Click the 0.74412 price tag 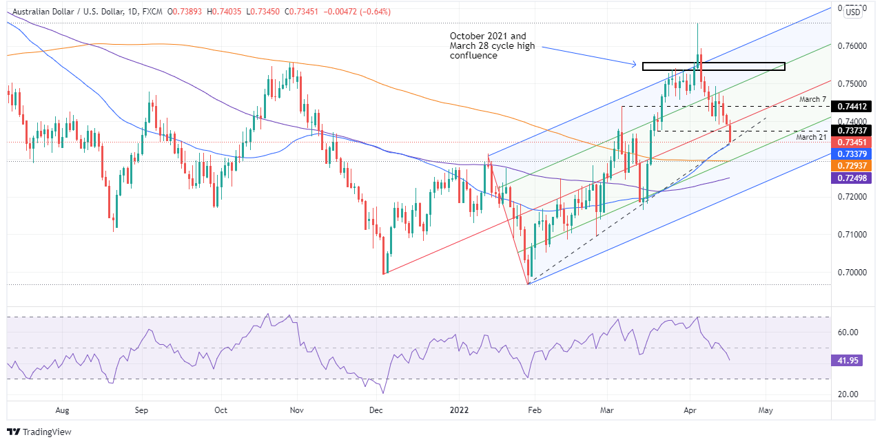coord(852,106)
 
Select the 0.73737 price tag coord(852,130)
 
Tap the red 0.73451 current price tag coord(852,142)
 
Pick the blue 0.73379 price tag coord(852,154)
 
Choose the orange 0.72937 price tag coord(852,166)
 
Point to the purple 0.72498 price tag coord(852,178)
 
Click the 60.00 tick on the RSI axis coord(847,332)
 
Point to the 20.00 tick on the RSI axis coord(847,394)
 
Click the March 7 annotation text coord(812,100)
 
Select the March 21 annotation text coord(812,138)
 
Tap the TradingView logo coord(39,432)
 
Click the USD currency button coord(853,12)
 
